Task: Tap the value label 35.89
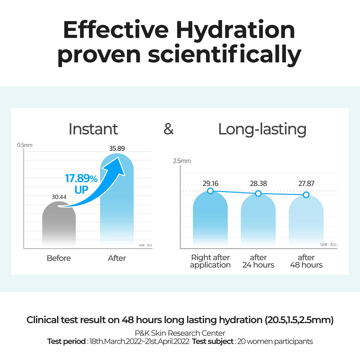117,148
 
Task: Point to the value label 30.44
59,197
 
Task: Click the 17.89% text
81,178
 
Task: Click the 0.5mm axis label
25,145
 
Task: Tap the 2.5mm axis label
182,161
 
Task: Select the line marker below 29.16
210,191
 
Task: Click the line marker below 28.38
258,193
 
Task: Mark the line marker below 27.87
306,195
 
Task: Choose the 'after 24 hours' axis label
258,261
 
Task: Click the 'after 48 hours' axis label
306,261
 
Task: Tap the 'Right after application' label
210,261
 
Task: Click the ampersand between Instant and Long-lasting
169,129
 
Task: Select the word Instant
93,129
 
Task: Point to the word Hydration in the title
235,30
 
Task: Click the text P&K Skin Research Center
180,333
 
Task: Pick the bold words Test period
66,341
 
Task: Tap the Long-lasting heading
262,129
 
